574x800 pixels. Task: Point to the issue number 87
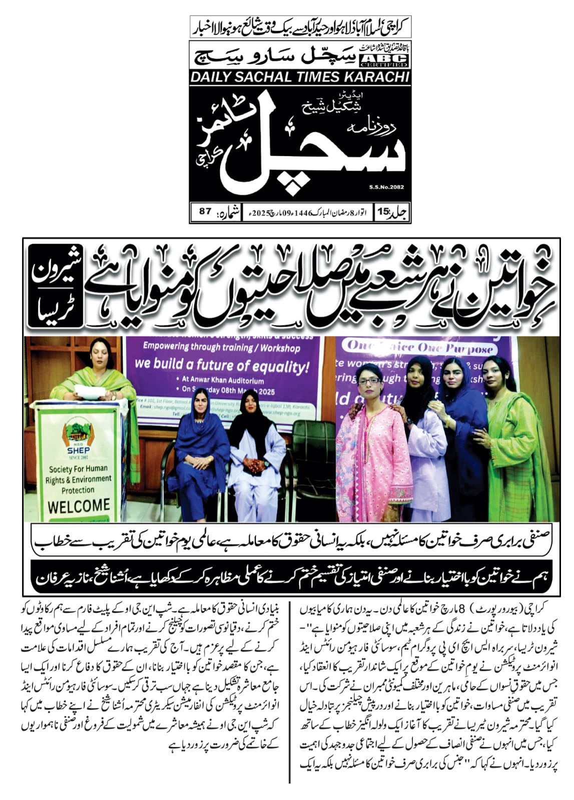205,211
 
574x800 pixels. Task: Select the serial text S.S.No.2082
386,187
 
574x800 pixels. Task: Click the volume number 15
384,211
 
